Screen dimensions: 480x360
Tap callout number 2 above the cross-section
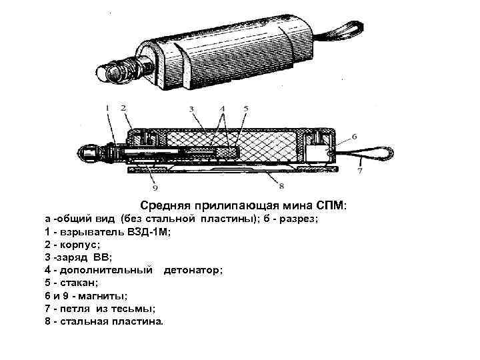[x=123, y=107]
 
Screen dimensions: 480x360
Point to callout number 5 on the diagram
[x=245, y=109]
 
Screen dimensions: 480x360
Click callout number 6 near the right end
[x=354, y=136]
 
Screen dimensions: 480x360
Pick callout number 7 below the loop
[x=359, y=171]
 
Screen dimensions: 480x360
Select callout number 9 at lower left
[x=155, y=178]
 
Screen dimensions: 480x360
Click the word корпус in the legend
[x=79, y=244]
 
